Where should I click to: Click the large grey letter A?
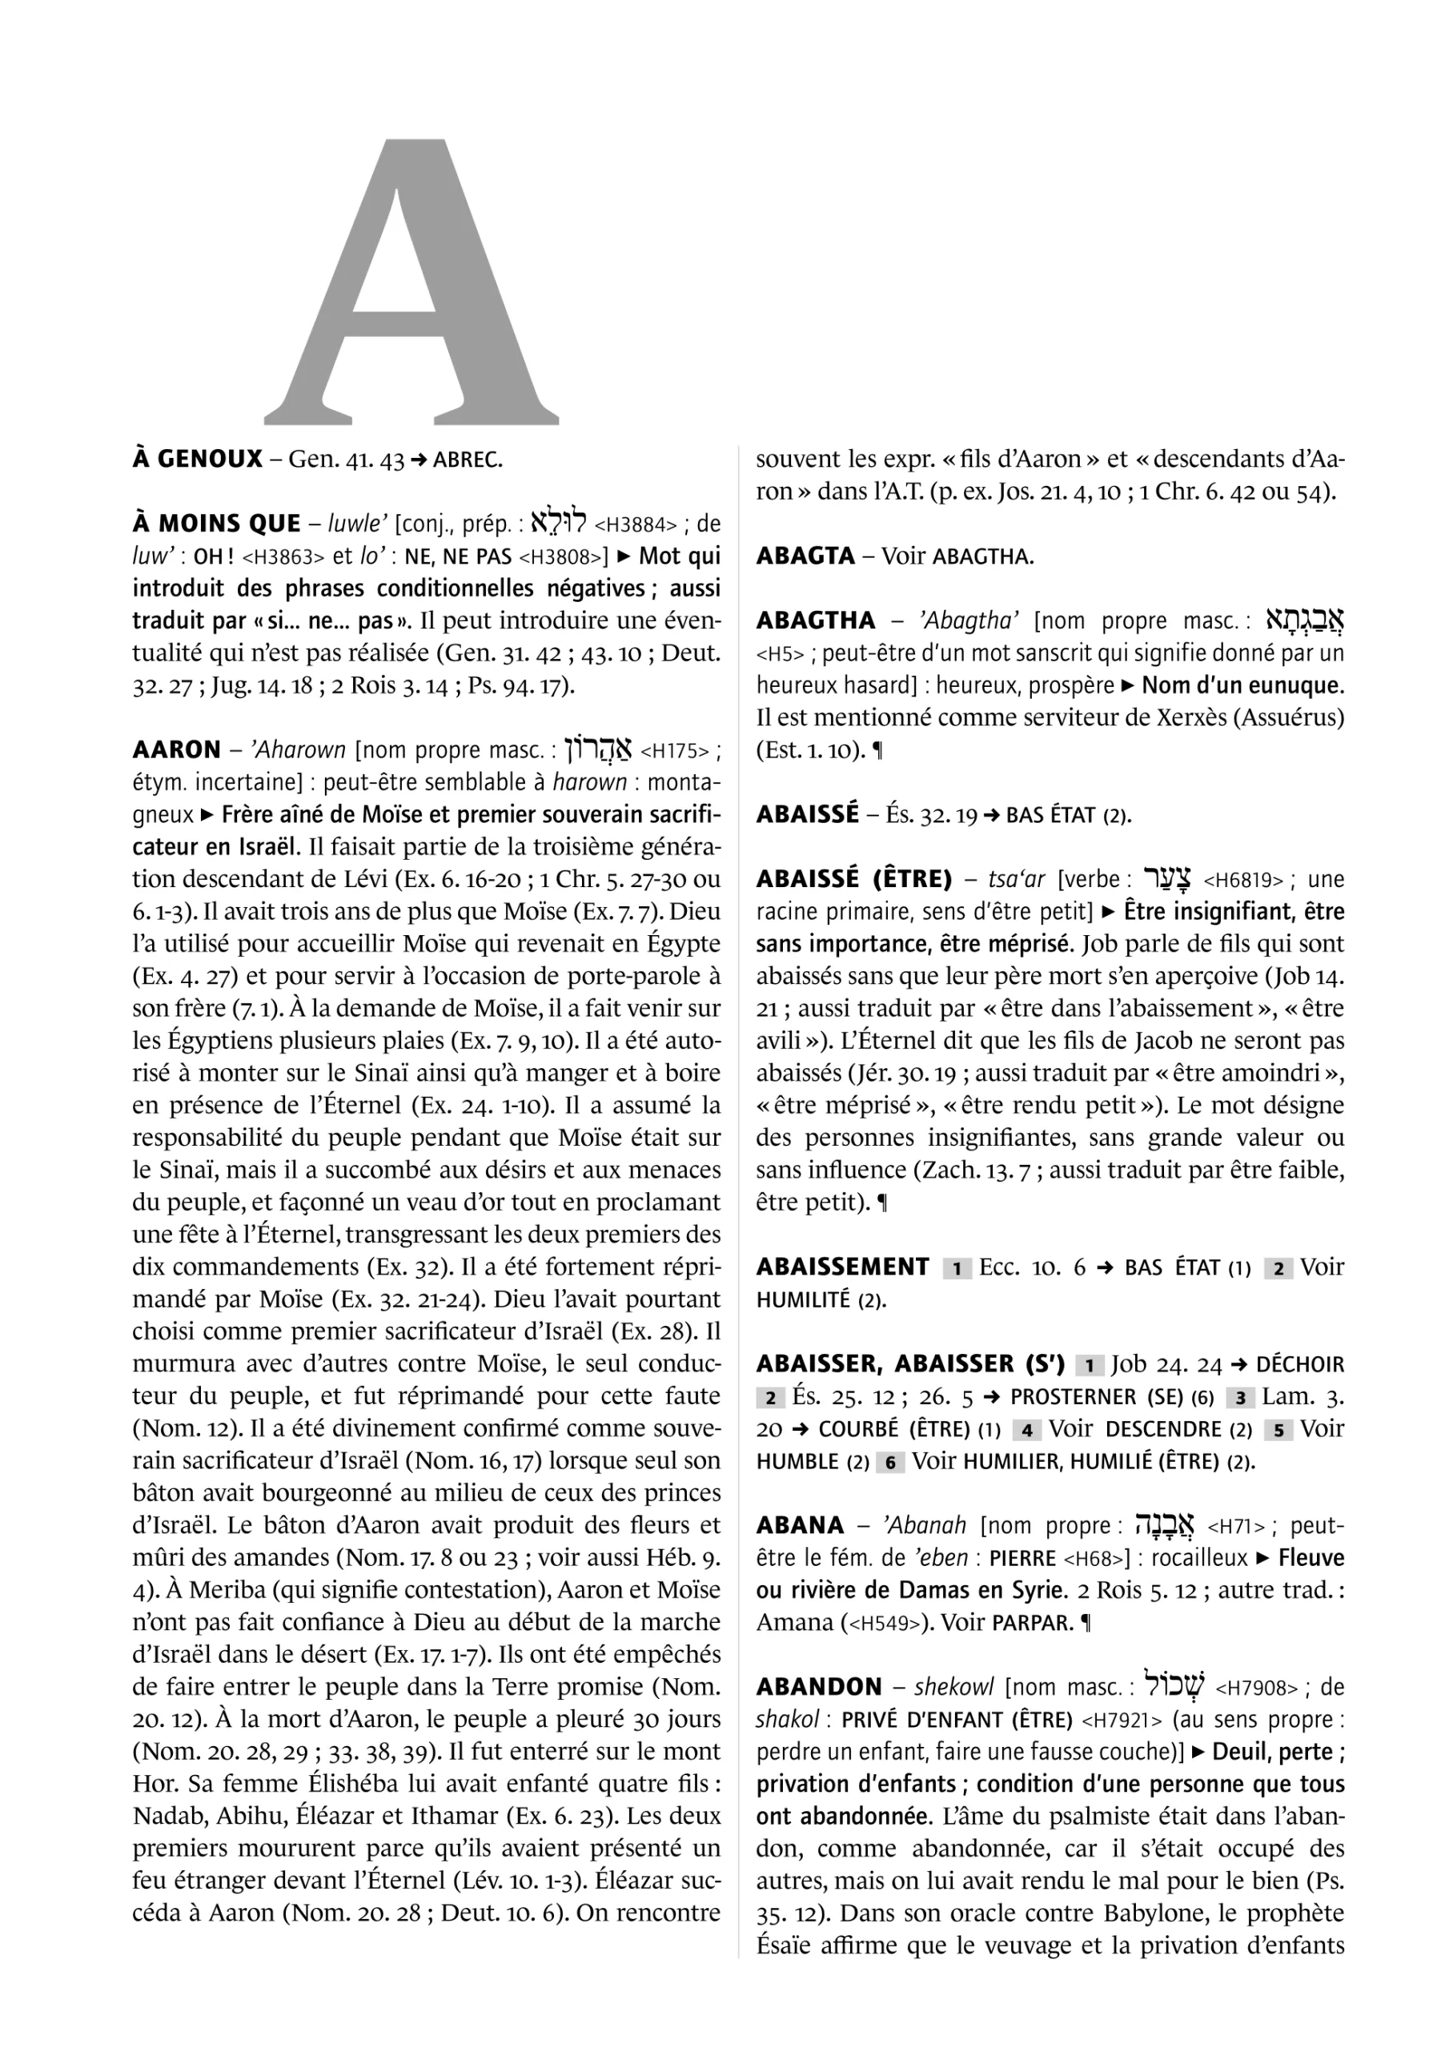pyautogui.click(x=411, y=286)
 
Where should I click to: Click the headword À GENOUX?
pyautogui.click(x=197, y=460)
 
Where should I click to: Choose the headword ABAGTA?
pyautogui.click(x=805, y=556)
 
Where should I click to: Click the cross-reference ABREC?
pyautogui.click(x=468, y=461)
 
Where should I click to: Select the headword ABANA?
pyautogui.click(x=800, y=1526)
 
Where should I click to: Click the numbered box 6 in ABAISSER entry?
pyautogui.click(x=889, y=1463)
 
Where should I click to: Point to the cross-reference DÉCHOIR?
pyautogui.click(x=1300, y=1366)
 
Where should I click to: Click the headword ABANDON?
pyautogui.click(x=819, y=1688)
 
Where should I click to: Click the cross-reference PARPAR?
pyautogui.click(x=1033, y=1623)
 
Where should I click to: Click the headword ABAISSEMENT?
pyautogui.click(x=842, y=1267)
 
